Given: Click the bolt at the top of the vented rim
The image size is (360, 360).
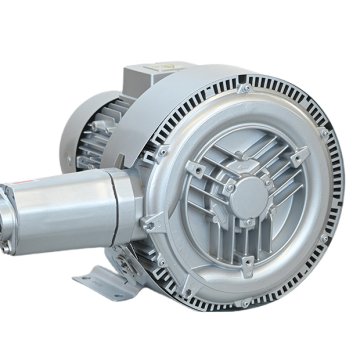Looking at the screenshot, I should [243, 91].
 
